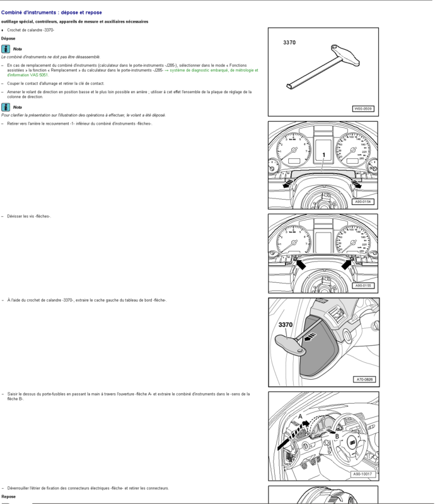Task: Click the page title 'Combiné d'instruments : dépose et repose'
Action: pos(51,13)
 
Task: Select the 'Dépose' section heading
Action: pos(8,38)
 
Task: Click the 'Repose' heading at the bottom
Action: pos(8,496)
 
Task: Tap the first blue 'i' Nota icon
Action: pos(6,49)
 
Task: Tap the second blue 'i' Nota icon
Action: pos(6,107)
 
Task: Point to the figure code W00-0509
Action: pos(362,109)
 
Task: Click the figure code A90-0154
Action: pos(362,202)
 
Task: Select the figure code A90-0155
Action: pos(362,285)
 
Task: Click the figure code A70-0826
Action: pos(364,379)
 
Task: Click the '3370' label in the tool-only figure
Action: pos(289,43)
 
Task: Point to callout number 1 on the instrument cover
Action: pos(323,155)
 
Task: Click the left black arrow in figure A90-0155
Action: pos(301,264)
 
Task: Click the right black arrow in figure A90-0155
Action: pos(346,265)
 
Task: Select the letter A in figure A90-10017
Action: pos(300,416)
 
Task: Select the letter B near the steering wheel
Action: pos(337,436)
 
